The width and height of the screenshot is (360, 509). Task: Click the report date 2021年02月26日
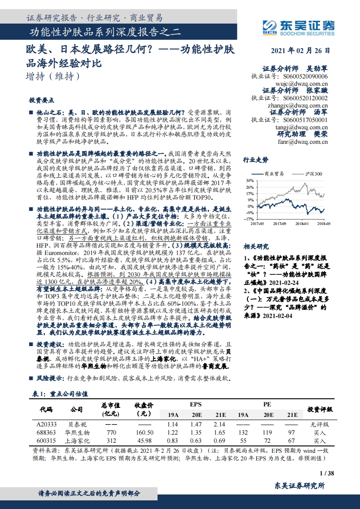[x=301, y=51]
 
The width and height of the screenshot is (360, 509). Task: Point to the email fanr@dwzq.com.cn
[x=303, y=142]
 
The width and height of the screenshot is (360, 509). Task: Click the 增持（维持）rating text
[x=53, y=77]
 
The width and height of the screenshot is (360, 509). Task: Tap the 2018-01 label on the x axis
[x=301, y=223]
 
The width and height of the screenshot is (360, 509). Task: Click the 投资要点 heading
[x=41, y=100]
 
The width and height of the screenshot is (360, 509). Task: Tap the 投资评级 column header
[x=320, y=409]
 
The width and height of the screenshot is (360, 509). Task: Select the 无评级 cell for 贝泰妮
[x=320, y=424]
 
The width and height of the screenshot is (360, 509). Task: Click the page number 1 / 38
[x=326, y=474]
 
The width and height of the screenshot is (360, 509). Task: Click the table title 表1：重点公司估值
[x=61, y=394]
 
